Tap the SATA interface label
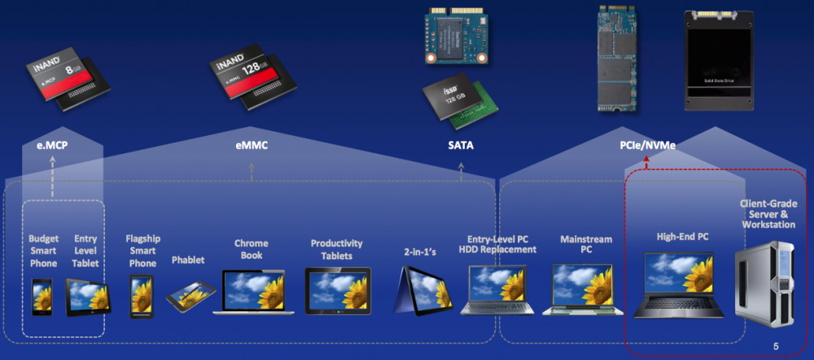461,146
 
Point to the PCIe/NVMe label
646,146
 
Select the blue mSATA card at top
459,37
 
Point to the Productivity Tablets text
336,250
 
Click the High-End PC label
682,237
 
